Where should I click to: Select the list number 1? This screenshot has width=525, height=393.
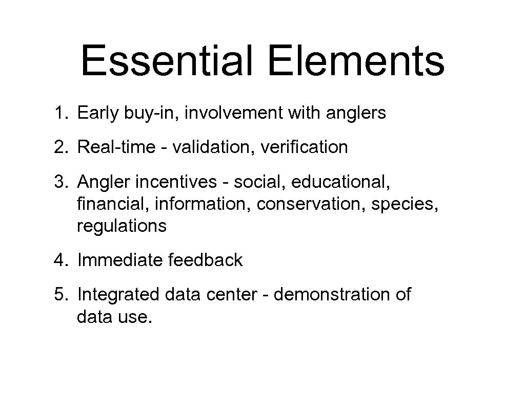point(59,114)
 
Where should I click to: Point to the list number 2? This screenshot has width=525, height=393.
point(59,147)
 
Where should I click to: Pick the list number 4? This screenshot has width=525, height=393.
point(59,260)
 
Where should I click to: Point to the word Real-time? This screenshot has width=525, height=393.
point(116,147)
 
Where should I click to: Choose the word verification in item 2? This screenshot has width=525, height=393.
point(305,147)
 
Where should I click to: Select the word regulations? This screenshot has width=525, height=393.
point(122,226)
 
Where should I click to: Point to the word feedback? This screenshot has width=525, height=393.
point(205,260)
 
